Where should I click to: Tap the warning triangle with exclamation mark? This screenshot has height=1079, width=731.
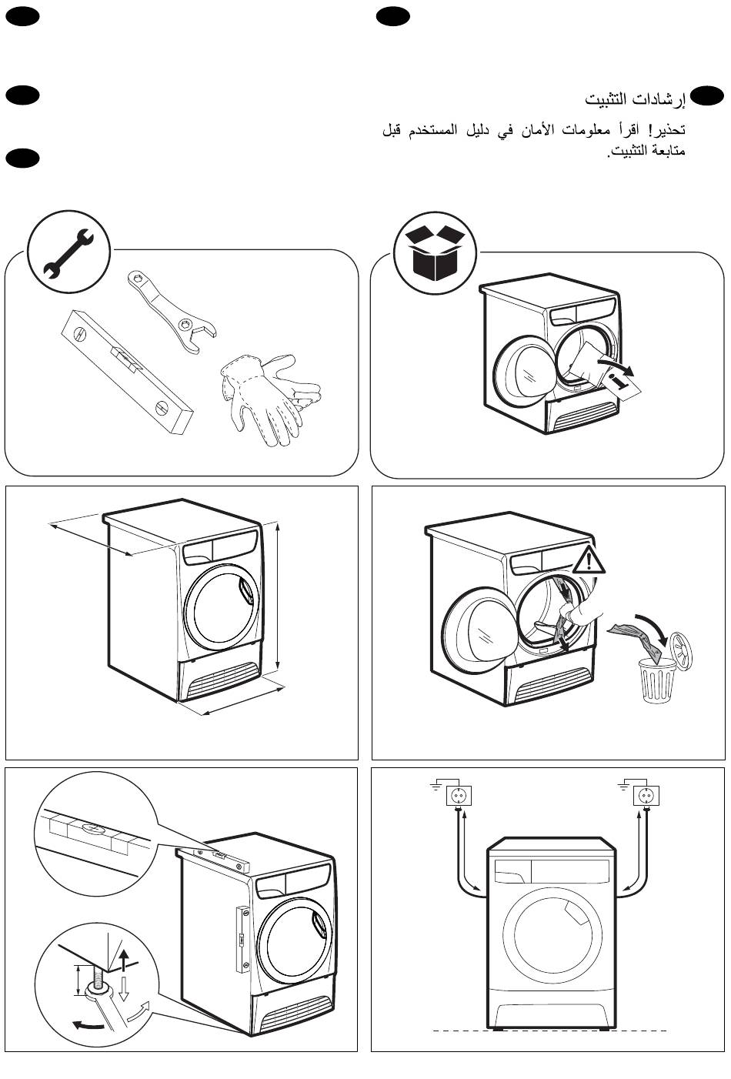pyautogui.click(x=589, y=561)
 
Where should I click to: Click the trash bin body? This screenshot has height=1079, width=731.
pyautogui.click(x=659, y=680)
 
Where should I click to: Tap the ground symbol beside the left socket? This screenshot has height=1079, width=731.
pyautogui.click(x=436, y=786)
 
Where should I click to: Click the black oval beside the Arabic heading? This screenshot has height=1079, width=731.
pyautogui.click(x=706, y=95)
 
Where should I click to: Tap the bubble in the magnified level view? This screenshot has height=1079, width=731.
pyautogui.click(x=91, y=830)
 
